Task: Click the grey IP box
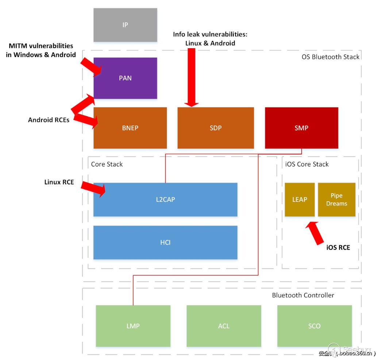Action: coord(125,25)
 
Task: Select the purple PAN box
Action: coord(125,78)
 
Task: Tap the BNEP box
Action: coord(130,128)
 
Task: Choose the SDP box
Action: coord(215,128)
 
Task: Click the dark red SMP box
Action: coord(301,128)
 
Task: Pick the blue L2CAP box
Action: coord(165,199)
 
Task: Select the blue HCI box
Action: coord(165,242)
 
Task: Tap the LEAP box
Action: coord(300,199)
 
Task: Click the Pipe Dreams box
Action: coord(336,199)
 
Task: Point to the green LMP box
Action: coord(133,326)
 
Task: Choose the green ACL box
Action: coord(224,326)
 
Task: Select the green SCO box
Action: coord(314,326)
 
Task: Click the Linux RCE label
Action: coord(59,182)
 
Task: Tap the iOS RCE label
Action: coord(338,248)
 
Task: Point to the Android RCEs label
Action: coord(49,120)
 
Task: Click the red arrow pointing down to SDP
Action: coord(191,77)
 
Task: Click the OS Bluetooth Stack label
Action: coord(330,57)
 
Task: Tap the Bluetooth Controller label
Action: coord(303,295)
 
